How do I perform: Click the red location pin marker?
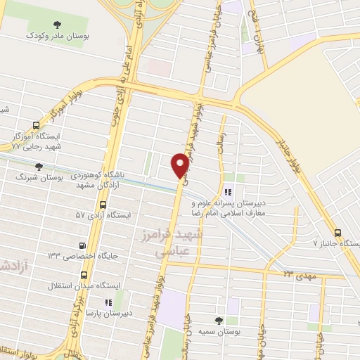coord(180,165)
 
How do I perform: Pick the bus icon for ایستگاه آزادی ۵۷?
coord(103,206)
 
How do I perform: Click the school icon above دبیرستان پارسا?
coord(108,302)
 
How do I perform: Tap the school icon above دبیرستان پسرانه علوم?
coord(227,191)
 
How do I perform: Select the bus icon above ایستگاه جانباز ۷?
coord(338,233)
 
